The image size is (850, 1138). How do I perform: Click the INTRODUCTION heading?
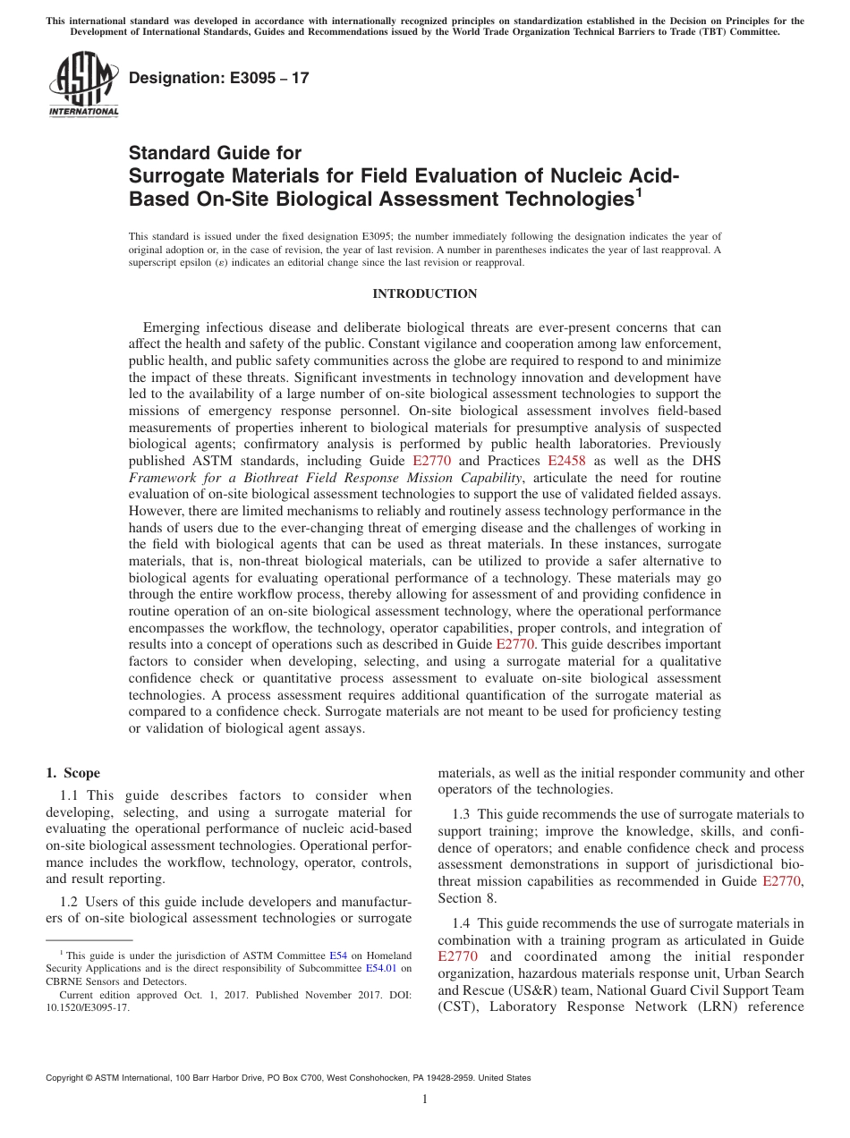pos(424,293)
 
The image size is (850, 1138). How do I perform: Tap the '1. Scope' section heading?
pos(73,773)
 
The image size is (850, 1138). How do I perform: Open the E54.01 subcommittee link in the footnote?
pos(380,968)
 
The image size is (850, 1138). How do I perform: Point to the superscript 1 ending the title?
pos(639,191)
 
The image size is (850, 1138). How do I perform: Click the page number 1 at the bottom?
pos(425,1099)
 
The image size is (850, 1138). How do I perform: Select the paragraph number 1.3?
pos(461,813)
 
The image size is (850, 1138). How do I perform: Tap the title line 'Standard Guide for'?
pos(216,153)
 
